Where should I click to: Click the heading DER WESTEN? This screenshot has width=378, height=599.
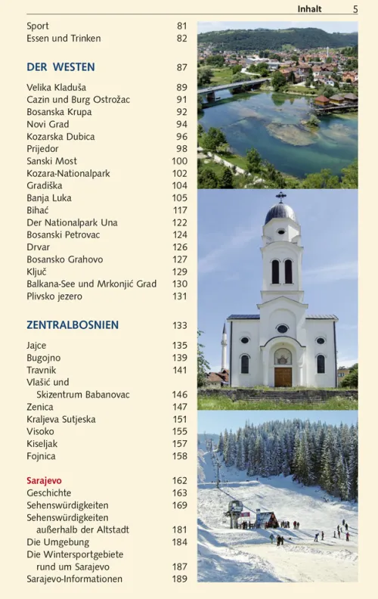click(x=60, y=67)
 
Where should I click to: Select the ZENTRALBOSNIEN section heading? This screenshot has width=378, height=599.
click(x=73, y=325)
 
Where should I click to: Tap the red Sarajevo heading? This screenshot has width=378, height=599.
click(x=44, y=480)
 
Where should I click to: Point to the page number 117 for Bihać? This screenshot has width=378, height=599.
click(x=179, y=210)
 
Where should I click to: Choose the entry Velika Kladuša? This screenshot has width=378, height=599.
click(x=56, y=88)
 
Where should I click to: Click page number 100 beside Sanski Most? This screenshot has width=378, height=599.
click(x=179, y=161)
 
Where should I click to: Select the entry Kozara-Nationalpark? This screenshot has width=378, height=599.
click(x=68, y=173)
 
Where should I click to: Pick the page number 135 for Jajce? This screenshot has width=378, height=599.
click(x=179, y=346)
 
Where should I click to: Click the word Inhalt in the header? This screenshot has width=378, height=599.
click(x=309, y=9)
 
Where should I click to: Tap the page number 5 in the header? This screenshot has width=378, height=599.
click(x=355, y=9)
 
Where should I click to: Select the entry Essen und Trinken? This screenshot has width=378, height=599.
click(x=64, y=38)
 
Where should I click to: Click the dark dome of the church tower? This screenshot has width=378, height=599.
click(x=281, y=213)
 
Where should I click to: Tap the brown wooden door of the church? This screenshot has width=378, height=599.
click(x=283, y=377)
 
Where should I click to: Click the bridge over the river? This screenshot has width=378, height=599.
click(x=231, y=87)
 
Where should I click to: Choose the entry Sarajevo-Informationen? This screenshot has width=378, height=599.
click(x=74, y=579)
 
